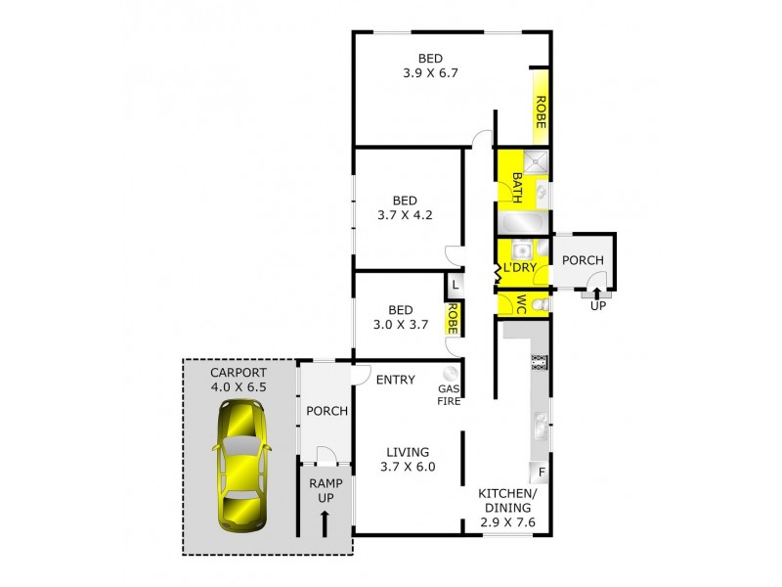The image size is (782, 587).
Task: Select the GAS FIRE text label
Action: [449, 392]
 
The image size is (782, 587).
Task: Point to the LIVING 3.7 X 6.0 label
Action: [408, 459]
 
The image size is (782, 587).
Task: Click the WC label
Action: [522, 303]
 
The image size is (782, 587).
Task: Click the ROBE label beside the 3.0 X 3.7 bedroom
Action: [453, 318]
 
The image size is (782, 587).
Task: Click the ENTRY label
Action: [396, 380]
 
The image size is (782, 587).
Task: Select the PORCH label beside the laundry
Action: [584, 260]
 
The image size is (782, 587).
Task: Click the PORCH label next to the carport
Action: [326, 410]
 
